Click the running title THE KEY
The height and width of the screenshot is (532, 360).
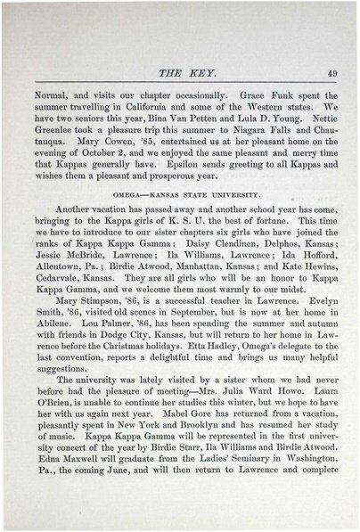click(179, 73)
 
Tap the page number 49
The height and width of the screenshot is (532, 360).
click(331, 73)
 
